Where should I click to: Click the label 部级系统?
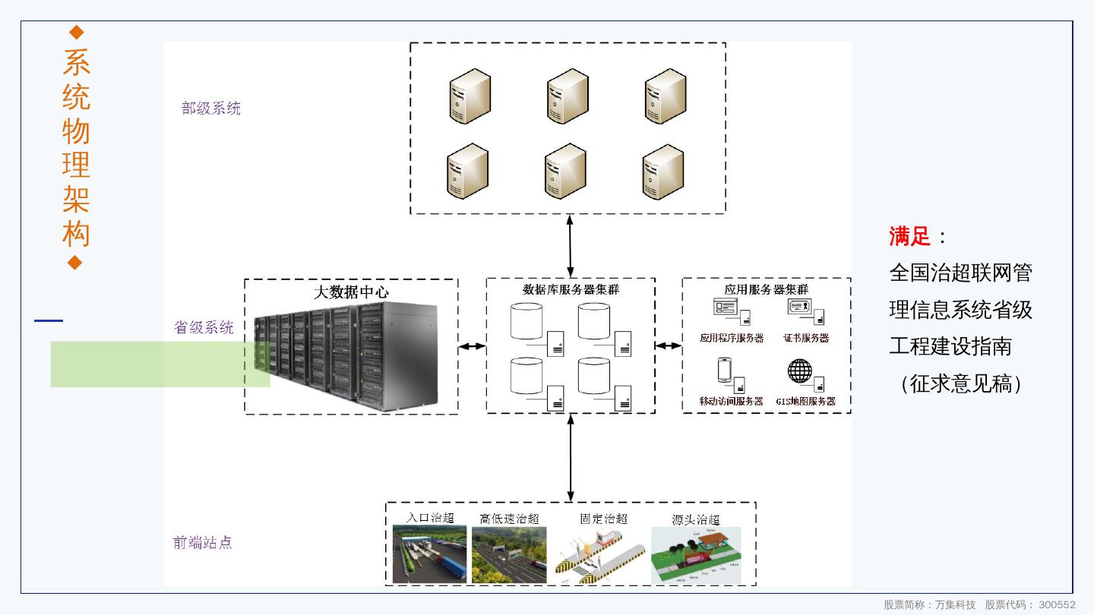click(x=211, y=109)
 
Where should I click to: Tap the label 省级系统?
click(x=204, y=327)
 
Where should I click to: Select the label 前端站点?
click(x=202, y=543)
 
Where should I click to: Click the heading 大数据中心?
click(x=351, y=292)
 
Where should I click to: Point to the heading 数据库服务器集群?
click(x=571, y=289)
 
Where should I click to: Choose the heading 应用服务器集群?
click(x=766, y=289)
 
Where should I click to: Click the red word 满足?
click(x=909, y=236)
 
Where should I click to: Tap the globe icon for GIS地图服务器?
click(x=800, y=371)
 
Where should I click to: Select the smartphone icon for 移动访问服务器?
click(x=723, y=370)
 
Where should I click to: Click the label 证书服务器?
click(x=806, y=338)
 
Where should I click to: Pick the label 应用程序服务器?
click(x=732, y=338)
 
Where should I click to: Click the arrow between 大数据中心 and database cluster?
click(x=472, y=346)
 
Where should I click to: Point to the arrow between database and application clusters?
click(x=669, y=346)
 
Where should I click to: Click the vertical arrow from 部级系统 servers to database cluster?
click(x=570, y=245)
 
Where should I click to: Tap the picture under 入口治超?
click(x=429, y=554)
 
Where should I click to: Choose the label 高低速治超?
click(x=509, y=519)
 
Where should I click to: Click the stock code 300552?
click(x=1057, y=605)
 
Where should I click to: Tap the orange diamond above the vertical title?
click(x=75, y=32)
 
